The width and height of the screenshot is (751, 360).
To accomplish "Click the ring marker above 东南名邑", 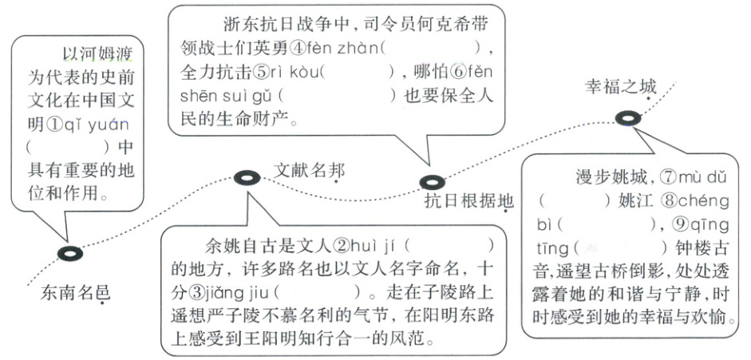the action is (x=70, y=254).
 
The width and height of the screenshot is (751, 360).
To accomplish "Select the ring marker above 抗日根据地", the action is (x=432, y=183).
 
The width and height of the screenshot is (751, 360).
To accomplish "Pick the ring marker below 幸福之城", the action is (x=627, y=118).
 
